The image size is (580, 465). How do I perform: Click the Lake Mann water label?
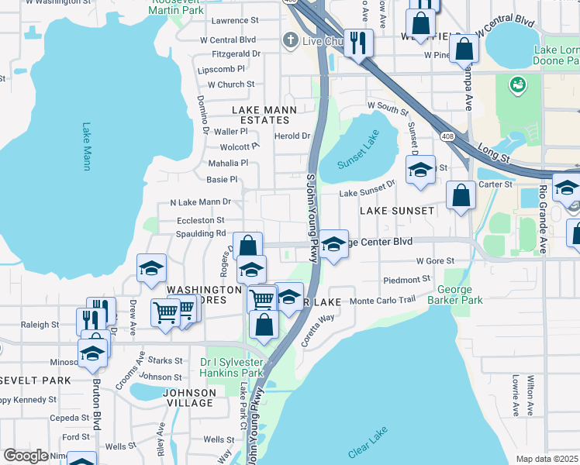[x=86, y=147]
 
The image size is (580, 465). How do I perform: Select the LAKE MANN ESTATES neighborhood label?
[x=264, y=115]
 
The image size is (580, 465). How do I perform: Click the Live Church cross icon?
[x=290, y=40]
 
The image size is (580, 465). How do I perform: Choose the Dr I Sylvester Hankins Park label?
[x=232, y=367]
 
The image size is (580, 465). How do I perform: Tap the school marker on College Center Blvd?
[x=333, y=243]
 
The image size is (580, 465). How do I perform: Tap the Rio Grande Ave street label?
[x=543, y=219]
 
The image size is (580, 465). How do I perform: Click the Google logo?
[x=26, y=456]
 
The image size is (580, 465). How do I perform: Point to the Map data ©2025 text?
[x=547, y=459]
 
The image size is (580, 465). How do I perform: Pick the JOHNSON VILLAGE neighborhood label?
[x=188, y=398]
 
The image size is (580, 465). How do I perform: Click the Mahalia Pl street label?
[x=228, y=164]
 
